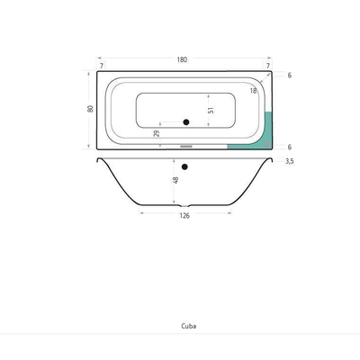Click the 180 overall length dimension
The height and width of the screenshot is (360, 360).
point(182,59)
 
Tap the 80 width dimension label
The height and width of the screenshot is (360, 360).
point(90,109)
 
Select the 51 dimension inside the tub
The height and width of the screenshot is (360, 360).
point(211,110)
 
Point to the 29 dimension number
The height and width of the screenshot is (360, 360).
point(157,133)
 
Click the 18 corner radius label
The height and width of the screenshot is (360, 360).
point(254,91)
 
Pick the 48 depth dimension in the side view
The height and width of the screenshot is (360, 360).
point(176,180)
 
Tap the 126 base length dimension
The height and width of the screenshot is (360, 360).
point(184,216)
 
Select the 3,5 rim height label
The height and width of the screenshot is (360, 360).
point(290,161)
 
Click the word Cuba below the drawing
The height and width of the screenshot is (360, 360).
point(189,326)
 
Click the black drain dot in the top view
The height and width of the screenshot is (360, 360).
point(186,122)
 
